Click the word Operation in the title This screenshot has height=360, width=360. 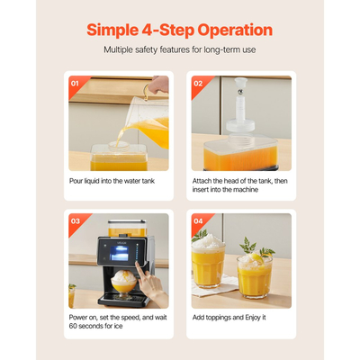click(235, 30)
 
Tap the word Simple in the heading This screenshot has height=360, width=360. click(112, 31)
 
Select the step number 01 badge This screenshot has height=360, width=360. click(75, 84)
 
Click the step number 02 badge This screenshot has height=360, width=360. click(198, 84)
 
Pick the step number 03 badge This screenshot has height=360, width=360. click(76, 221)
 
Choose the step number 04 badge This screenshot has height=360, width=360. click(198, 221)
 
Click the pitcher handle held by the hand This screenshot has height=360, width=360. click(146, 92)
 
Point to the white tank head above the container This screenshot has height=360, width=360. click(241, 105)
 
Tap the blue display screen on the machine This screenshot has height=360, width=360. click(120, 253)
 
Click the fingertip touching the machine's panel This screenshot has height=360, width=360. click(137, 264)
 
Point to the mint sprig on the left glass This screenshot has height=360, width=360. click(200, 236)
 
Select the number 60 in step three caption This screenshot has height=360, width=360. click(73, 326)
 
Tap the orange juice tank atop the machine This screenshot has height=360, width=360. click(128, 229)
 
